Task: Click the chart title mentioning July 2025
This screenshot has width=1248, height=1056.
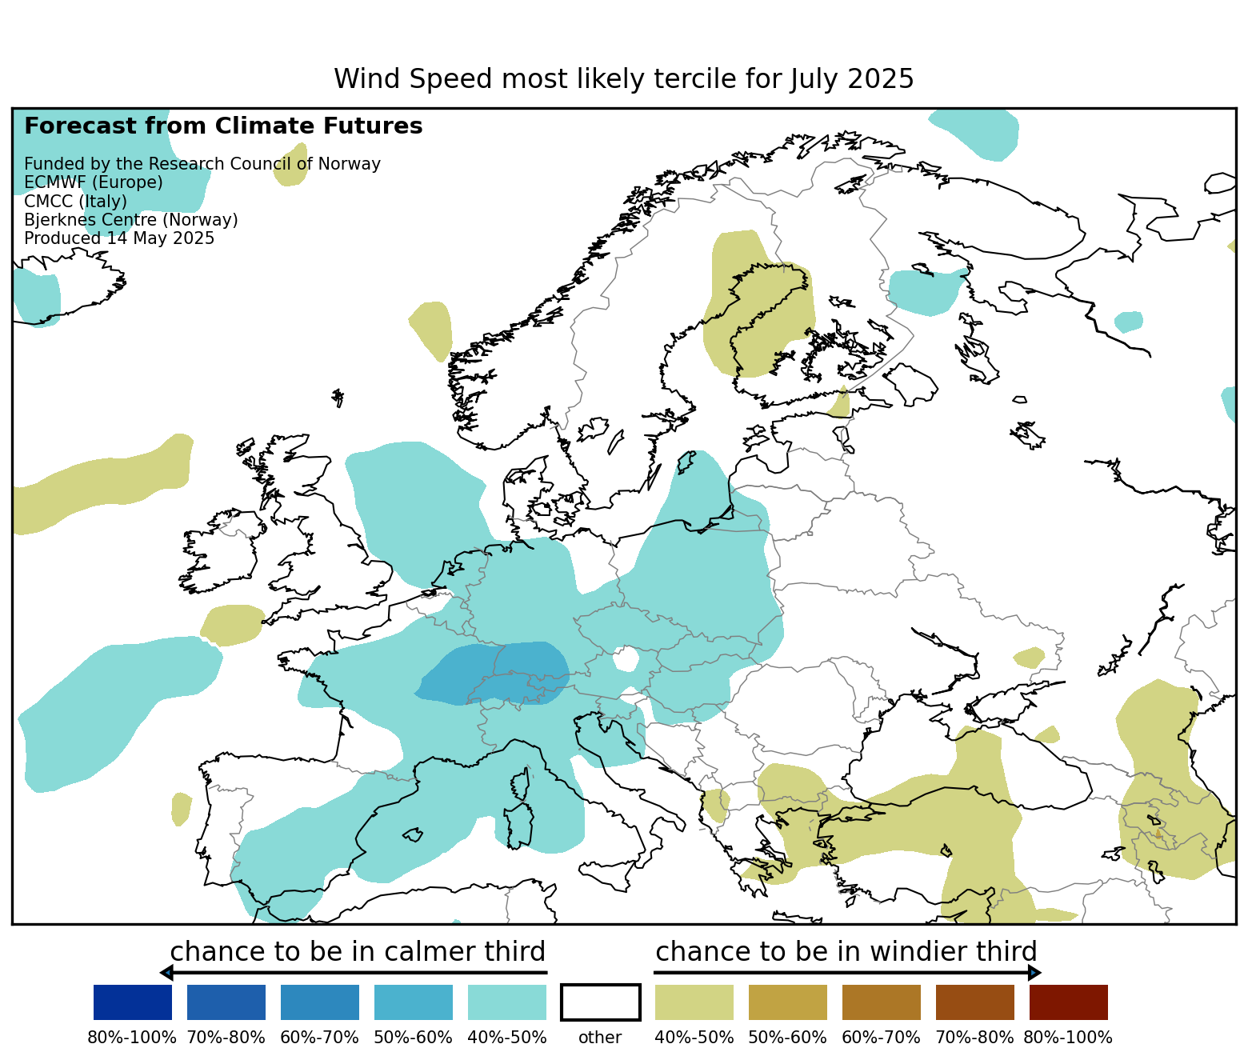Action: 623,79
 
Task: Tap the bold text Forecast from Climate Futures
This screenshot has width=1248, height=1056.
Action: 223,126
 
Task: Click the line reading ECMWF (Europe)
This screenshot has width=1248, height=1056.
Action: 94,182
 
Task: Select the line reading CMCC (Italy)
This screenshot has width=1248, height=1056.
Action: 76,202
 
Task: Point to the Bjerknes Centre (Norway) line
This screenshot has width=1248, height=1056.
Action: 131,220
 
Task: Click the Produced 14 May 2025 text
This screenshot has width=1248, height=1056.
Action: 119,238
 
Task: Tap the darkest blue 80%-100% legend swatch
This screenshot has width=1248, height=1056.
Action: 133,1002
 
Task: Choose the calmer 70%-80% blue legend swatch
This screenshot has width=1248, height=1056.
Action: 226,1002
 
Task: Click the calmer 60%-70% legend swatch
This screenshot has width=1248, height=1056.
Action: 320,1002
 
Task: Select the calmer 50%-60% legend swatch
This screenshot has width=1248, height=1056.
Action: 414,1002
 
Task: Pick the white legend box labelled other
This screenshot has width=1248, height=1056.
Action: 601,1002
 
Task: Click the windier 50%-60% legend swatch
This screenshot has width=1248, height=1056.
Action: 788,1002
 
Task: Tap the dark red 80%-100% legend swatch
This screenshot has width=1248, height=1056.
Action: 1069,1002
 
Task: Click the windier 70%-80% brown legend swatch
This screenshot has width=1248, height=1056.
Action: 975,1002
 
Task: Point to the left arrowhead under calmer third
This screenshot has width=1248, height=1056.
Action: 166,973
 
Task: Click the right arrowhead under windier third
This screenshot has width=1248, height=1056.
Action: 1035,973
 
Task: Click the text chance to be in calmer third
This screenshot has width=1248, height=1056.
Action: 358,952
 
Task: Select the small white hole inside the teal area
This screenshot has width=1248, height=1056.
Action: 626,660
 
